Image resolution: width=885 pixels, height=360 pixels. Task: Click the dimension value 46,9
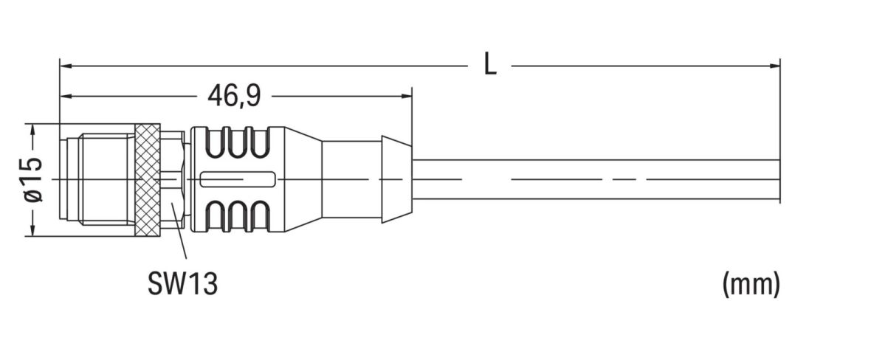(x=233, y=96)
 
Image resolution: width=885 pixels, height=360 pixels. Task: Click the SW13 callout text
(x=182, y=283)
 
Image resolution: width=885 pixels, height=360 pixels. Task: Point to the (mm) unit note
(x=751, y=283)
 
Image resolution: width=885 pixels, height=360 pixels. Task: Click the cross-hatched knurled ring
(x=148, y=180)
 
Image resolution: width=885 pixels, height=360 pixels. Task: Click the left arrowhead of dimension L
(x=65, y=66)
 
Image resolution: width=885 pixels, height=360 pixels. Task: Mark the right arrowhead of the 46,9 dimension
(x=406, y=96)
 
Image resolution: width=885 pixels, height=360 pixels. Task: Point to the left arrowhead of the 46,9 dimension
(x=65, y=96)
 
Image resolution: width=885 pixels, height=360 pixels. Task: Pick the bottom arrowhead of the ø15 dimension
(x=32, y=231)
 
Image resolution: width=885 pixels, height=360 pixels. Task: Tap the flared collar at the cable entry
(x=396, y=179)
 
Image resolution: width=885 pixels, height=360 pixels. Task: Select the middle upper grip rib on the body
(x=238, y=144)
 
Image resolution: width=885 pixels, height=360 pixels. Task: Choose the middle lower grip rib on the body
(x=238, y=215)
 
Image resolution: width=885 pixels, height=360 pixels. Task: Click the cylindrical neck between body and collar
(x=351, y=179)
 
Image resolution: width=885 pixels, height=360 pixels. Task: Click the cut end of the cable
(x=779, y=179)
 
